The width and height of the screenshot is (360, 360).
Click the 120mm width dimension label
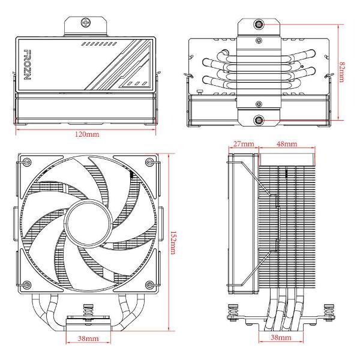coord(87,134)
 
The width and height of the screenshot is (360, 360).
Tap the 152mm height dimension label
coord(173,242)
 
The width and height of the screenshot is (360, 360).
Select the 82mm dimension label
coord(342,72)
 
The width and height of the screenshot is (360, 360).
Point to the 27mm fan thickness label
coord(244,144)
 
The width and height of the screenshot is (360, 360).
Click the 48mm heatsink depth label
coord(287,144)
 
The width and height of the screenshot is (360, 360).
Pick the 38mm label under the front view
coord(88,338)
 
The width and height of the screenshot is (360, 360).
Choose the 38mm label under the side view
coord(281,337)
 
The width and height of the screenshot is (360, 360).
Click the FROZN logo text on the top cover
coord(28,65)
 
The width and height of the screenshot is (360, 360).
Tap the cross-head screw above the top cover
coord(86,23)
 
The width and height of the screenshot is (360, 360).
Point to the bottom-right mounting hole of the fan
coord(149,285)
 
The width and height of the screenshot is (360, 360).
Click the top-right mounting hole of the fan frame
coord(149,162)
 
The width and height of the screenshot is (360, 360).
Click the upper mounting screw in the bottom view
coord(259,24)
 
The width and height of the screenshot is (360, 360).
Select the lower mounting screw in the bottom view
coord(259,120)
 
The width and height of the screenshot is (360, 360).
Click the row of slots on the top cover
coord(100,44)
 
